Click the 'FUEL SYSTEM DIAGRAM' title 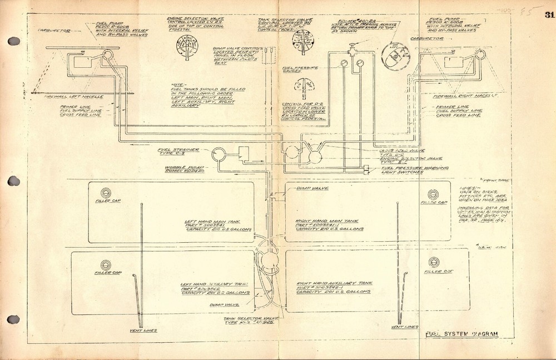click(460, 334)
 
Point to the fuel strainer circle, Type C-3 click(220, 154)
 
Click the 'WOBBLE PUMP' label click(179, 167)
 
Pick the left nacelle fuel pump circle click(108, 54)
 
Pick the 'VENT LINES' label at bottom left click(142, 331)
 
